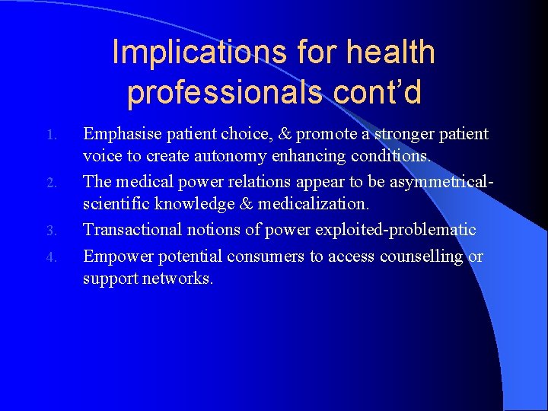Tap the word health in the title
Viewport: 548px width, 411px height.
390,53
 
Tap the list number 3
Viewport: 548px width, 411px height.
51,231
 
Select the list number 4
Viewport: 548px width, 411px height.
51,256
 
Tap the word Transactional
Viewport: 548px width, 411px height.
132,229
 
